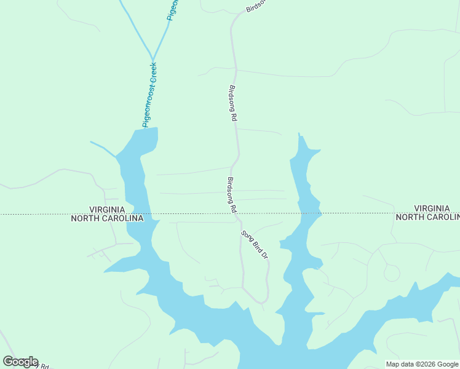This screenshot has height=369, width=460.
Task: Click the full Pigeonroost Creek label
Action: [149, 95]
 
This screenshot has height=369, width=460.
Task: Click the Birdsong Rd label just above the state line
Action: [232, 195]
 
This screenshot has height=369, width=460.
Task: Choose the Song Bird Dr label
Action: [255, 244]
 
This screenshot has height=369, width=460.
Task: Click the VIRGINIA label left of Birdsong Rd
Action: [108, 210]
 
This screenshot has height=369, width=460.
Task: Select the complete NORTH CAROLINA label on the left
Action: [108, 218]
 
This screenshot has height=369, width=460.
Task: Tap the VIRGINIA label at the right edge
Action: [436, 208]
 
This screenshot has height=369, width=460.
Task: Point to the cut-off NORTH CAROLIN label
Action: [427, 217]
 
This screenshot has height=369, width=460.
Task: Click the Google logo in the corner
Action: [20, 362]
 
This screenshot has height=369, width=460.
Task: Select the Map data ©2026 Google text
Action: [422, 364]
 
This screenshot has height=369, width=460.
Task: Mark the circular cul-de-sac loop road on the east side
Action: [391, 272]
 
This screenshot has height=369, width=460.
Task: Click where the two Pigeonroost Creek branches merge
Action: [151, 60]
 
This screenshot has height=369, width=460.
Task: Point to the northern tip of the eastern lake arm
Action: [299, 134]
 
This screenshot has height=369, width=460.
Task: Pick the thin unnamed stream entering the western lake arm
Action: [103, 148]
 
